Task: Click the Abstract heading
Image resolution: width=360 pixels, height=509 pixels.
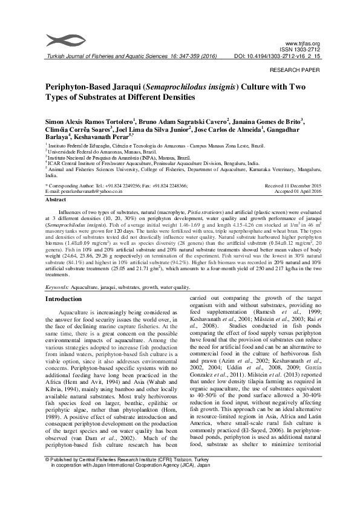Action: click(x=56, y=198)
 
